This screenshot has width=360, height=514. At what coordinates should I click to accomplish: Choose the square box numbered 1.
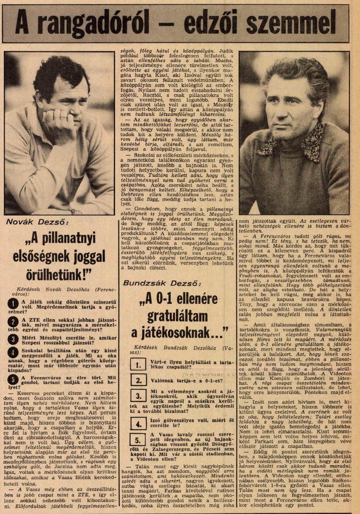click(x=138, y=365)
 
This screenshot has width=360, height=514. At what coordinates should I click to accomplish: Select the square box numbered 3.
click(x=138, y=396)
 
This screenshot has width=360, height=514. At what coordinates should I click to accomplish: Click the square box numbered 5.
click(x=138, y=440)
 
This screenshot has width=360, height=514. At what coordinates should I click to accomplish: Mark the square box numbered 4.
click(x=138, y=424)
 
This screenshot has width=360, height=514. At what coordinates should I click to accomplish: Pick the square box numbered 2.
click(x=138, y=380)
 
